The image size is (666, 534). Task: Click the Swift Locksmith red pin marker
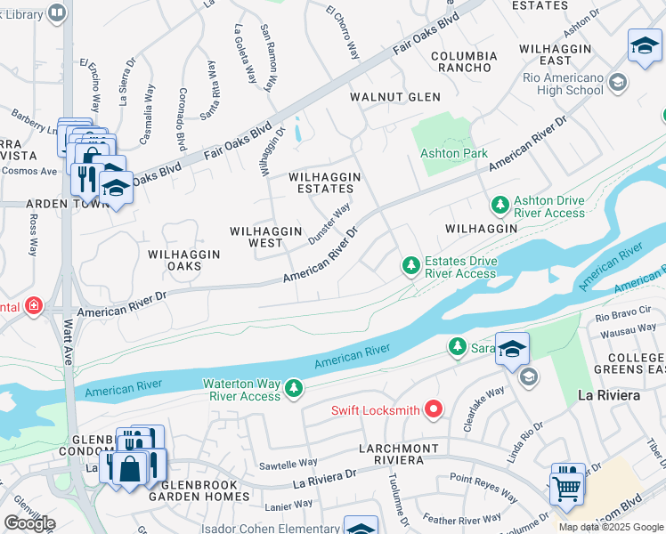[434, 409]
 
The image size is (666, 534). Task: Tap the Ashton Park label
[453, 153]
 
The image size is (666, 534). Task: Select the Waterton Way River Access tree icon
[291, 388]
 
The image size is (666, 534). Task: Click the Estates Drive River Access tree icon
[410, 265]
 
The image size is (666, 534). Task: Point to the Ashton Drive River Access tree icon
[499, 206]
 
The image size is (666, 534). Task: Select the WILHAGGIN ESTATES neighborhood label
[325, 183]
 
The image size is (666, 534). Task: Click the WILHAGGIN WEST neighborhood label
[268, 237]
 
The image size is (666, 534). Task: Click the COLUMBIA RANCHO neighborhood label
[460, 61]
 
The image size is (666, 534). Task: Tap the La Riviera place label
[609, 394]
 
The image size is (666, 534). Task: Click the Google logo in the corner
[29, 522]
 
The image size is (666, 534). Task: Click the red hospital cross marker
[34, 306]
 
